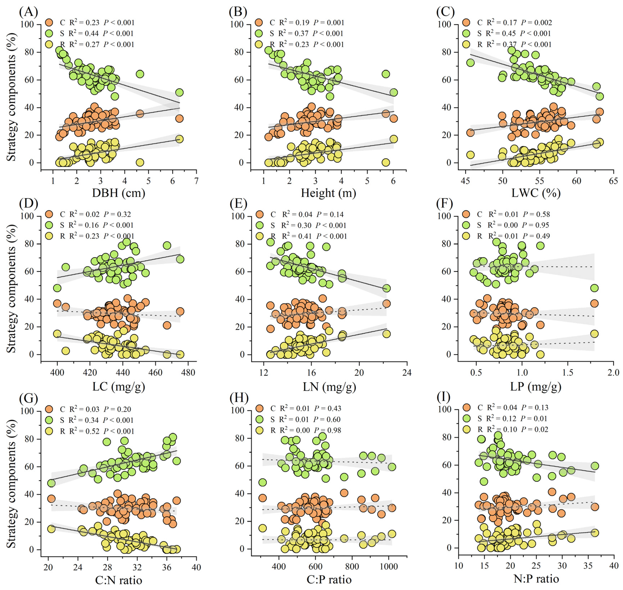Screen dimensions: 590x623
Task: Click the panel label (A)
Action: [x=28, y=12]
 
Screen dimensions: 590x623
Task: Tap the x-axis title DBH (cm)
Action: [x=119, y=192]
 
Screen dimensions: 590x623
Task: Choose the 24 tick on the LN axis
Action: [x=407, y=373]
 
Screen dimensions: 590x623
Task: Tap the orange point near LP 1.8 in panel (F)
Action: [x=594, y=303]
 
